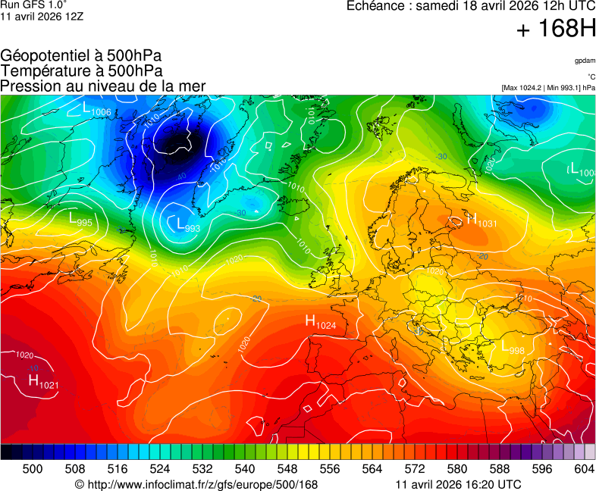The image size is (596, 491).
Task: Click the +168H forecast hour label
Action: click(556, 30)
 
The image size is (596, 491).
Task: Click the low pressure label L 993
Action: click(188, 225)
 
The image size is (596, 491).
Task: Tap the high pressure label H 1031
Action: click(481, 221)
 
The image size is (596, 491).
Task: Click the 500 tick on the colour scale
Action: click(33, 469)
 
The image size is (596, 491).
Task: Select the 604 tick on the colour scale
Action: click(585, 469)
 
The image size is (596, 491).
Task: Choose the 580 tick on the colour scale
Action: click(457, 469)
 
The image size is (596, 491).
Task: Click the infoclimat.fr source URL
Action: click(196, 485)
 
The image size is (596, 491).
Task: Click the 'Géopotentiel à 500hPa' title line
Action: click(81, 56)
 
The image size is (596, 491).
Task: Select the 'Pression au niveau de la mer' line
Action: click(103, 86)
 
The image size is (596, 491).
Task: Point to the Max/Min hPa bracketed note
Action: click(548, 88)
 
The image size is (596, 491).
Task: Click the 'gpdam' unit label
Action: click(585, 60)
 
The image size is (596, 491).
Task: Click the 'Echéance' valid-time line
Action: click(471, 6)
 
